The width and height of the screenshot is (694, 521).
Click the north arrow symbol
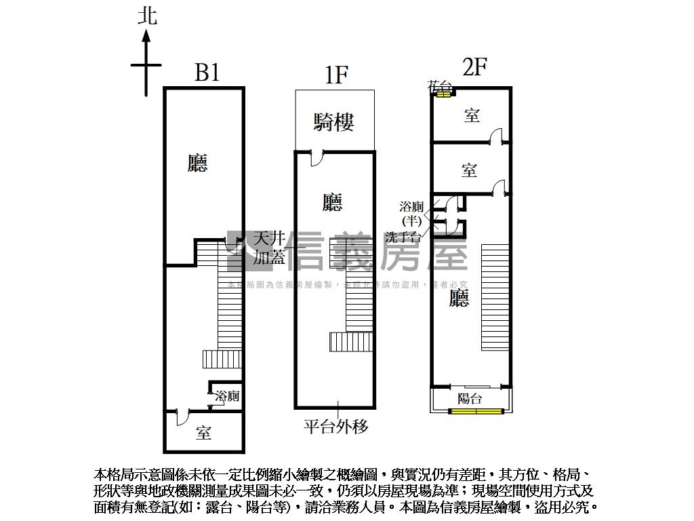click(146, 61)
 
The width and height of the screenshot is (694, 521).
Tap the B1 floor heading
click(207, 73)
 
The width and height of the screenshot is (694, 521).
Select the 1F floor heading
click(335, 75)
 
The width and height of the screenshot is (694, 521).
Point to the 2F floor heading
click(474, 68)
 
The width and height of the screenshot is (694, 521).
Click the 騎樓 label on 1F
click(334, 122)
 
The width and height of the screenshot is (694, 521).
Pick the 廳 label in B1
click(197, 163)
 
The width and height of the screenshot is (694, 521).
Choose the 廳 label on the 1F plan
click(332, 201)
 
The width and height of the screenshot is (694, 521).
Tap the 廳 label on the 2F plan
click(460, 298)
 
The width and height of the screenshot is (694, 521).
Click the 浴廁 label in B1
click(227, 396)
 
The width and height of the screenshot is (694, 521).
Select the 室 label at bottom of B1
click(203, 433)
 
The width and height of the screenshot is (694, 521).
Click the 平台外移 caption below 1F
click(335, 427)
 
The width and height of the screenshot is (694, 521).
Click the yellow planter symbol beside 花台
click(443, 94)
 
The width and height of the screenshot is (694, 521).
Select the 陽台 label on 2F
click(470, 398)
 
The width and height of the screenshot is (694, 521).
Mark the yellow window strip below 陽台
click(477, 410)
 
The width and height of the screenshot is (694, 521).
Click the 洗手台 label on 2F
click(403, 237)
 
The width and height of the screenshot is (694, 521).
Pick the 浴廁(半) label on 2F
click(411, 213)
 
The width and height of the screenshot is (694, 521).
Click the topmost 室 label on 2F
click(472, 115)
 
